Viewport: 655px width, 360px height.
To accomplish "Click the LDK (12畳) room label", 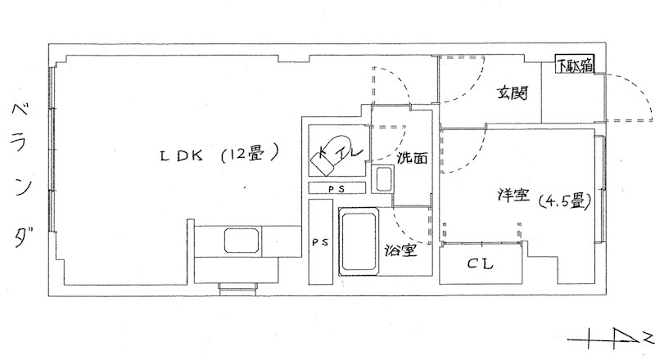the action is pos(219,155).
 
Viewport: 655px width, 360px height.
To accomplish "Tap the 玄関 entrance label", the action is pos(513,92).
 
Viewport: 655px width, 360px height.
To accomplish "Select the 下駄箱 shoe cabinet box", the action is pos(575,65).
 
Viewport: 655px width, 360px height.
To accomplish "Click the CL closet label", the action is pos(480,264).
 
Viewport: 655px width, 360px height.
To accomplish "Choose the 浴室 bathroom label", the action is pos(401,250).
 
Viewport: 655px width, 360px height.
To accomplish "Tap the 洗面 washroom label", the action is pos(412,157).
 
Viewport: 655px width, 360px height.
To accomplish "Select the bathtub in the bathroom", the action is pos(359,242).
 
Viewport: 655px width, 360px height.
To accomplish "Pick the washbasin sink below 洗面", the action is pos(382,178).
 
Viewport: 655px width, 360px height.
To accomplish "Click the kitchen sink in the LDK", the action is pos(242,241).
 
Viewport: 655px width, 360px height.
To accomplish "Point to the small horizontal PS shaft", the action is pos(337,188).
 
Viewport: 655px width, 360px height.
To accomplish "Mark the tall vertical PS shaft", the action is pos(320,242).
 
